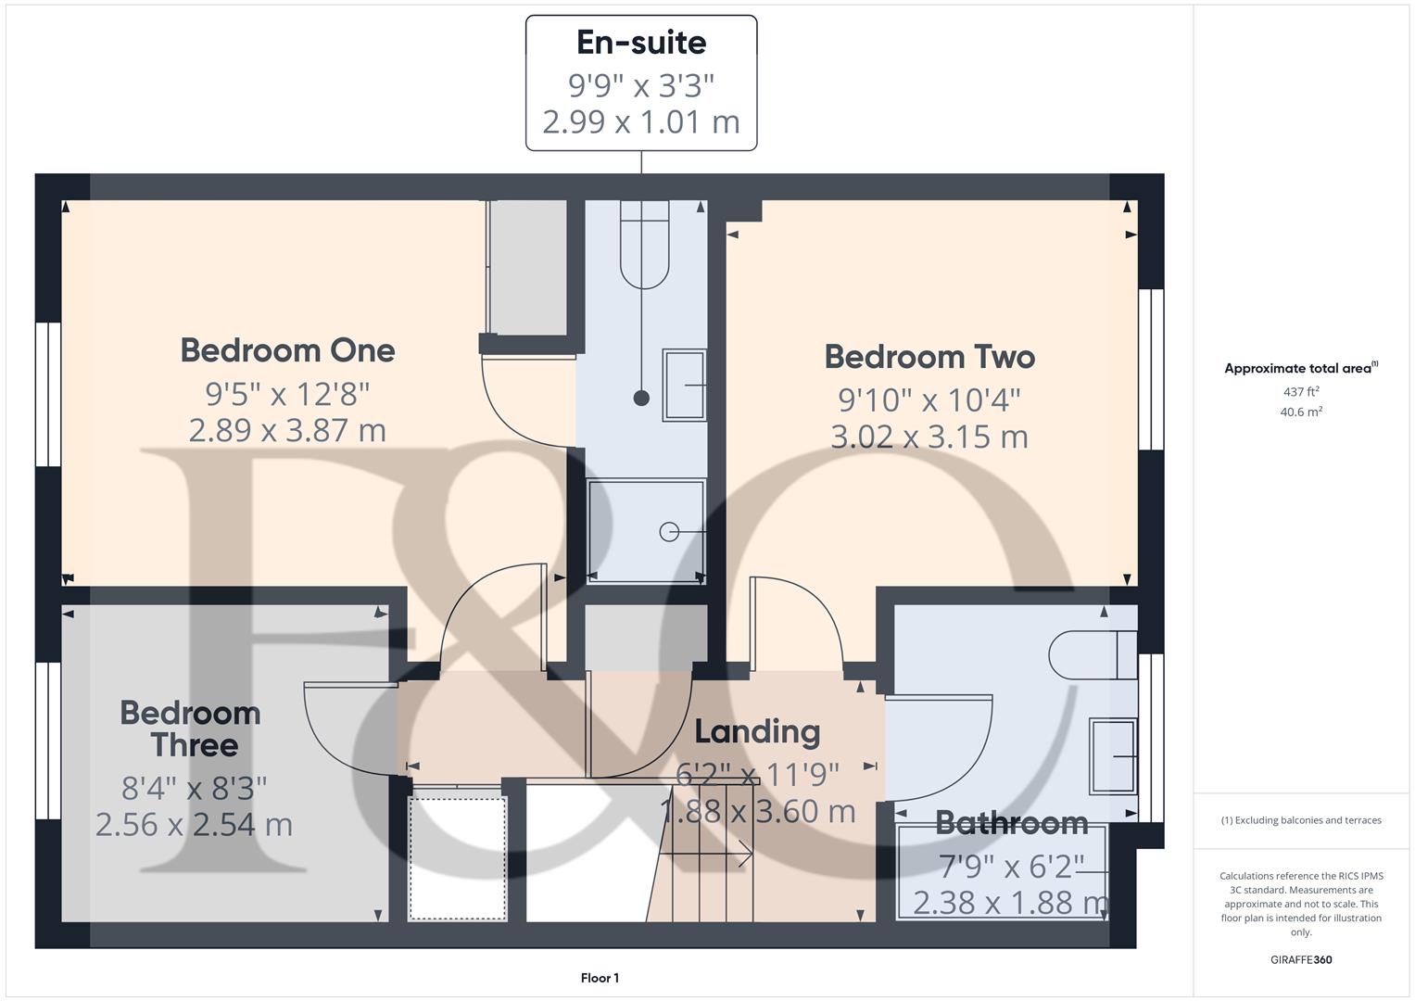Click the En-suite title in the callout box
point(641,43)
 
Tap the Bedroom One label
point(287,350)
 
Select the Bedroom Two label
point(929,357)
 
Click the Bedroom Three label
point(192,729)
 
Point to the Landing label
point(757,731)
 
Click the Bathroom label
point(1011,822)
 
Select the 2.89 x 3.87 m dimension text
point(287,430)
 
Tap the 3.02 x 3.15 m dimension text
point(929,437)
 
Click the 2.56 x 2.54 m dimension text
point(194,824)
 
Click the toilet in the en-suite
point(644,247)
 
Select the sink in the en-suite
point(684,385)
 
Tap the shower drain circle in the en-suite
point(669,532)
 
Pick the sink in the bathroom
point(1113,756)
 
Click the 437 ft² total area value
point(1301,392)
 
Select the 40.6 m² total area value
point(1301,412)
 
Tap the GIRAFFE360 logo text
point(1301,959)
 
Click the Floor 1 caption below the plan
point(600,978)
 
